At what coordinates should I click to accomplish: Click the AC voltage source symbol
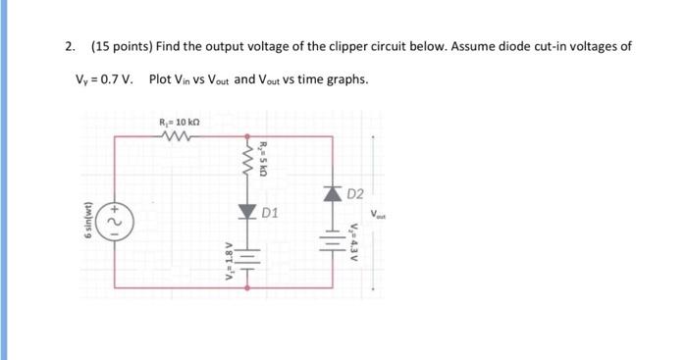[116, 221]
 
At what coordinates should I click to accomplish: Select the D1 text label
[271, 213]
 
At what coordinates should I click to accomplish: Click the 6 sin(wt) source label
[90, 221]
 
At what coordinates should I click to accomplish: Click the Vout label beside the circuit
[379, 215]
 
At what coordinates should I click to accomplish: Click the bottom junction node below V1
[246, 287]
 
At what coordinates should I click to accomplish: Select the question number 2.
[69, 46]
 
